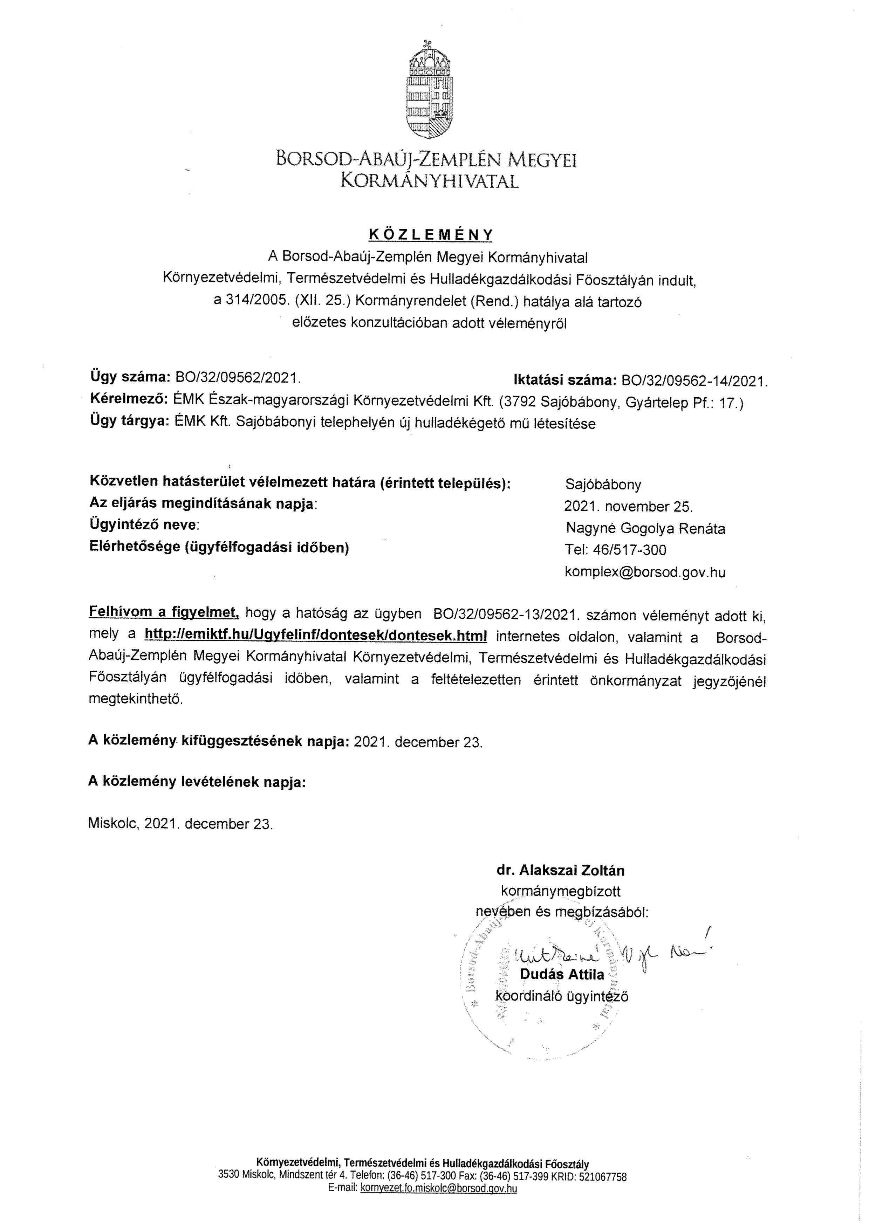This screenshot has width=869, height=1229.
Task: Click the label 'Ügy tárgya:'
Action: pyautogui.click(x=130, y=423)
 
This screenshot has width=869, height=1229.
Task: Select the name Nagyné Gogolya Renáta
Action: pyautogui.click(x=645, y=529)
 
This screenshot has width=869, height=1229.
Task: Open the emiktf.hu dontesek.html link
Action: pyautogui.click(x=316, y=636)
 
